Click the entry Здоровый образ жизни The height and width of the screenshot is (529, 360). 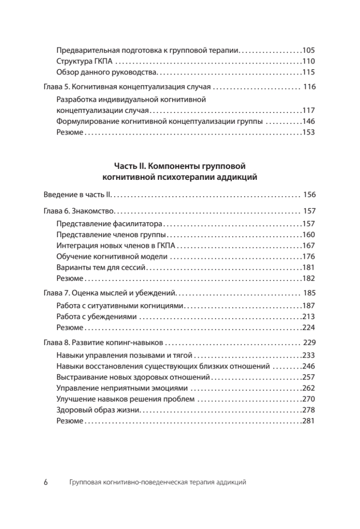click(x=98, y=410)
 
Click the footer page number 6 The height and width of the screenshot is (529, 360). click(x=46, y=482)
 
